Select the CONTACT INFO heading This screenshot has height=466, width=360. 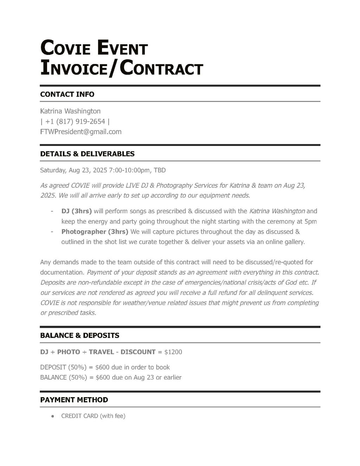click(x=67, y=94)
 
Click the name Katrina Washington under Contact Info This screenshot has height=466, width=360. click(x=70, y=111)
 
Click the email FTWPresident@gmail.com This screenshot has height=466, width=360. click(x=81, y=132)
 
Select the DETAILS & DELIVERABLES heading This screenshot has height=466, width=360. click(x=87, y=154)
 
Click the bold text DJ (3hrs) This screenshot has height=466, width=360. click(x=76, y=211)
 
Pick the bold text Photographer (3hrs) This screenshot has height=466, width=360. click(x=95, y=232)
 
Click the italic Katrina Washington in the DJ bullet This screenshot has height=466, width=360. click(x=277, y=211)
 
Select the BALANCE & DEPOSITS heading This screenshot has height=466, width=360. click(x=79, y=336)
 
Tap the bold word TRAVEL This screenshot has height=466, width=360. click(x=101, y=352)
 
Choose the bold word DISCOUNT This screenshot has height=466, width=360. click(x=138, y=352)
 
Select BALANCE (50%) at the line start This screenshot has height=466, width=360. click(x=63, y=377)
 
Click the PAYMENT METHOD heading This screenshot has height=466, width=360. click(x=74, y=400)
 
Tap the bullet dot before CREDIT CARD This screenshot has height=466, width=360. click(x=52, y=416)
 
